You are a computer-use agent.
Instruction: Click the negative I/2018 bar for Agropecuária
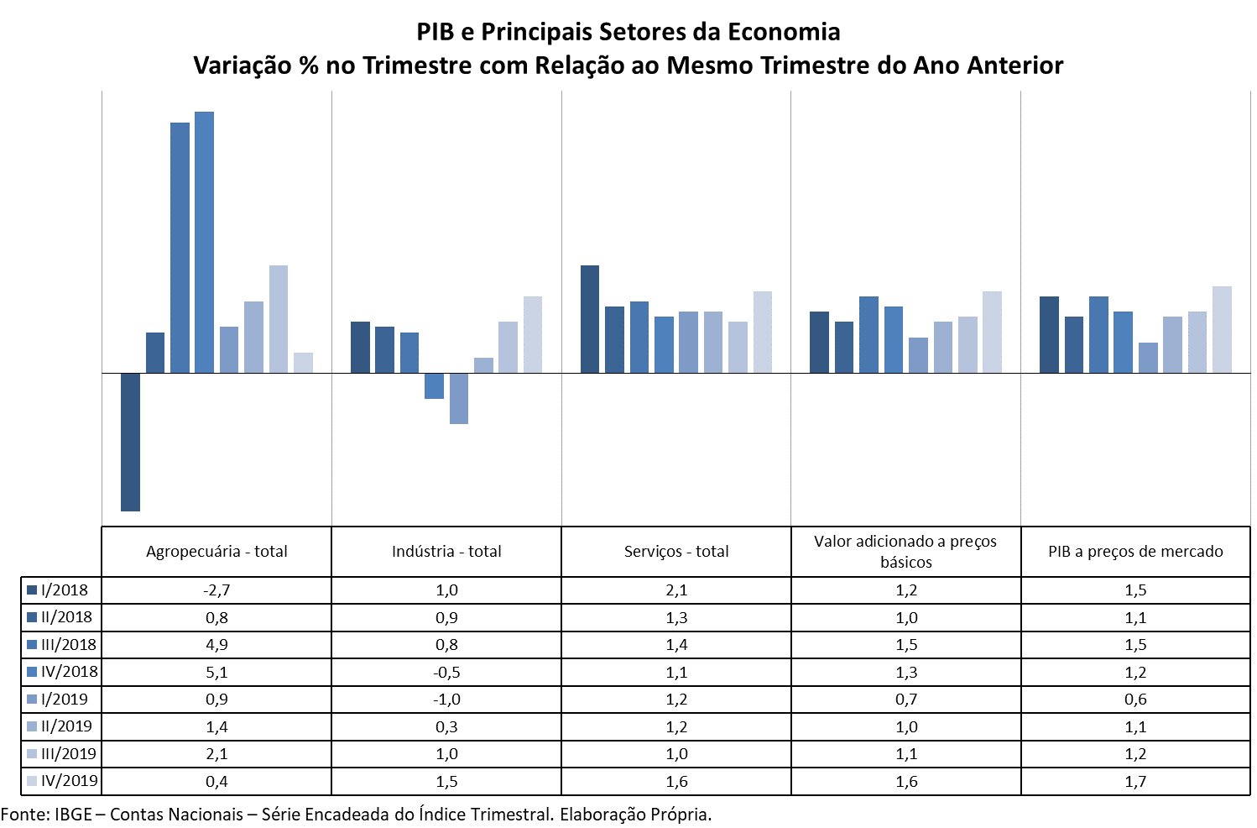(x=130, y=442)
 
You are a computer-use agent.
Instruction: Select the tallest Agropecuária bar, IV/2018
(x=204, y=242)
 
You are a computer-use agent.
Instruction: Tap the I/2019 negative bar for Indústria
(x=458, y=398)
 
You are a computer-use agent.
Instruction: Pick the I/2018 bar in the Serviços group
(x=590, y=319)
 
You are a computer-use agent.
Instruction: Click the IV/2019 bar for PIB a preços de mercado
(x=1222, y=329)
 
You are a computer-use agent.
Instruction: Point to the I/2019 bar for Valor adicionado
(x=918, y=355)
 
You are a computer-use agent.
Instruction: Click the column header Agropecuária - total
(x=216, y=552)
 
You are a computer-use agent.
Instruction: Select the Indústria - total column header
(x=446, y=552)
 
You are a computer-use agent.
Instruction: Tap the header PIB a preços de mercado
(x=1135, y=552)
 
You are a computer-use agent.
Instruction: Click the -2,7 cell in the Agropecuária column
(x=216, y=590)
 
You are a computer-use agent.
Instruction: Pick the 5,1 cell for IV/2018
(x=216, y=672)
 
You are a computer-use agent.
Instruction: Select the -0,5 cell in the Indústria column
(x=446, y=672)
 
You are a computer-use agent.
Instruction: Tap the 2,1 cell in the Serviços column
(x=676, y=590)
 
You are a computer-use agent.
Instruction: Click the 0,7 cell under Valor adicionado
(x=906, y=700)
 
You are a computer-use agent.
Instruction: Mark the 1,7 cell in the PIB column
(x=1135, y=781)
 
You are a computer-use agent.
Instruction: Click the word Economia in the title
(x=784, y=32)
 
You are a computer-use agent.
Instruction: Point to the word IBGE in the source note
(x=73, y=815)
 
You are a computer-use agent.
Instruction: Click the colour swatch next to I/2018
(x=32, y=590)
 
